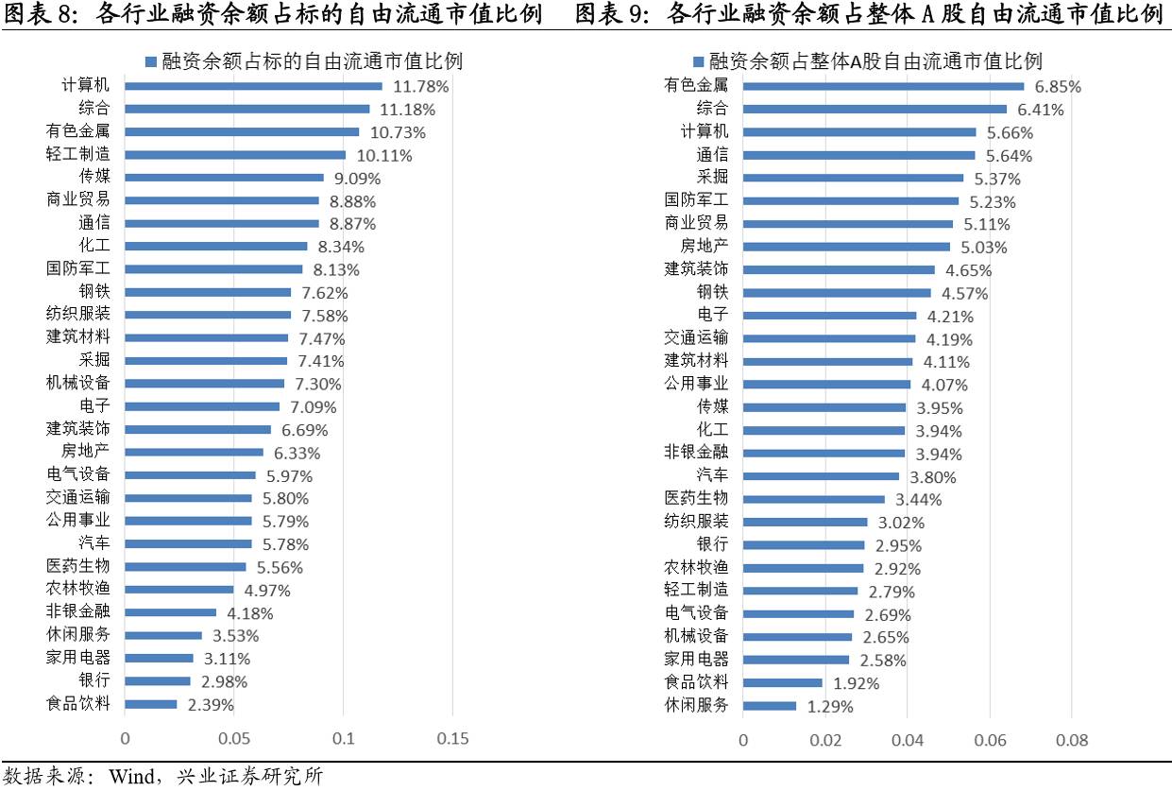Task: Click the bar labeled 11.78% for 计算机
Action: (253, 86)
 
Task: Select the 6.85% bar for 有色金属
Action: (883, 86)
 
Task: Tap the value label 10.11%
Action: (382, 155)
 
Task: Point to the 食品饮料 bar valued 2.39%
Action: (151, 704)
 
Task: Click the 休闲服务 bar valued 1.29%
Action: (770, 705)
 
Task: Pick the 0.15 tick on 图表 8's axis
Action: (453, 738)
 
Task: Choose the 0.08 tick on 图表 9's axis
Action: (1072, 738)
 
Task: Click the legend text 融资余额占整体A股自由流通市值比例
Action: (875, 61)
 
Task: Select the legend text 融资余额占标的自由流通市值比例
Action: (311, 61)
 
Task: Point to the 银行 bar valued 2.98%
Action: (158, 681)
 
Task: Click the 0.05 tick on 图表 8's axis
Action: (234, 738)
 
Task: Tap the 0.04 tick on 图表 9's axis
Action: (908, 738)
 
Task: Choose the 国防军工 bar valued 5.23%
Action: (851, 200)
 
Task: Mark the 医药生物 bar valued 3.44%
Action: (814, 498)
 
